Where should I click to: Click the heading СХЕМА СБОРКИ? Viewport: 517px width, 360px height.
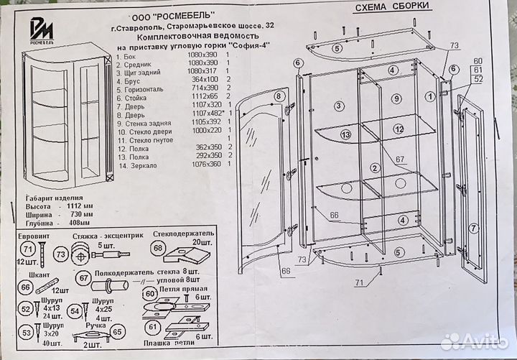pyautogui.click(x=393, y=8)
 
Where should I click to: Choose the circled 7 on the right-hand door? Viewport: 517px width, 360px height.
pyautogui.click(x=474, y=229)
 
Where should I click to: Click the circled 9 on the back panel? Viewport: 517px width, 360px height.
pyautogui.click(x=396, y=98)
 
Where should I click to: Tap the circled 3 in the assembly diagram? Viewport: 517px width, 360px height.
pyautogui.click(x=337, y=106)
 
